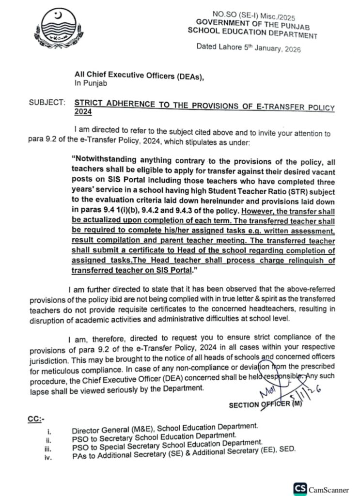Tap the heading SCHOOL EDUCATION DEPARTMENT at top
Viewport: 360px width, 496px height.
coord(253,33)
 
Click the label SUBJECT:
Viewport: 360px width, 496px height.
coord(46,103)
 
